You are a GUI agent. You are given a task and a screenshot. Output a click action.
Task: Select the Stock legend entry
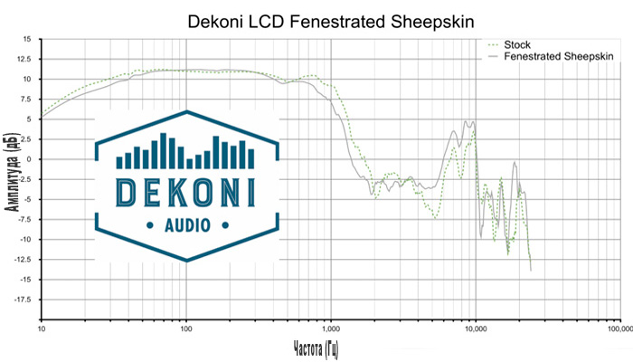coord(517,43)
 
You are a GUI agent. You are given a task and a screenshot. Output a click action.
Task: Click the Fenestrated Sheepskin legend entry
coord(559,56)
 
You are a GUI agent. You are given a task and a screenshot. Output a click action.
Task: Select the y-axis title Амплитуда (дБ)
coord(11,179)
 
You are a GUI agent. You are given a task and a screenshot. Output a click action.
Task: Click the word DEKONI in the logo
coord(186,192)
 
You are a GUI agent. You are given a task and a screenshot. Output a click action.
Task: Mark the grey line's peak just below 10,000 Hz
coord(466,121)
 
